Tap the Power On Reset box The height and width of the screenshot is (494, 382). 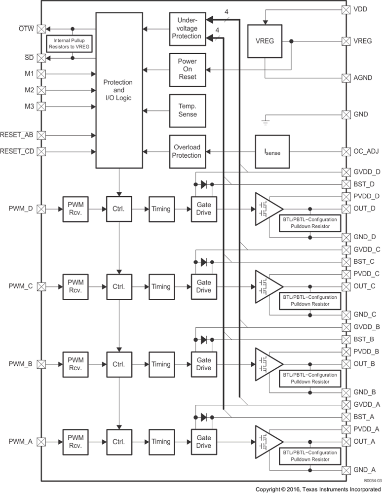click(x=187, y=69)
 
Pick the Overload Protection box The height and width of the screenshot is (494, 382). click(x=187, y=151)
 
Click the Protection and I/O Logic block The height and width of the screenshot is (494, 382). click(x=117, y=90)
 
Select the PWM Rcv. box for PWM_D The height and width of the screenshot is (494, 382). click(x=76, y=209)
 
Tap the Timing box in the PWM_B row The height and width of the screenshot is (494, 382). click(x=161, y=364)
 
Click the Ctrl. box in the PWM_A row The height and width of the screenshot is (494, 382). click(x=118, y=442)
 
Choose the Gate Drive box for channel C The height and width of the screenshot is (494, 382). click(x=203, y=286)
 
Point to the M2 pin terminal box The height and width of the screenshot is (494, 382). click(x=41, y=90)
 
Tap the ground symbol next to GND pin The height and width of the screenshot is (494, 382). click(x=266, y=118)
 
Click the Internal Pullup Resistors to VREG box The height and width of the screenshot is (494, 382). click(x=68, y=42)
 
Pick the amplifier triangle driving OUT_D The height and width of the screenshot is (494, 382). click(x=267, y=209)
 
